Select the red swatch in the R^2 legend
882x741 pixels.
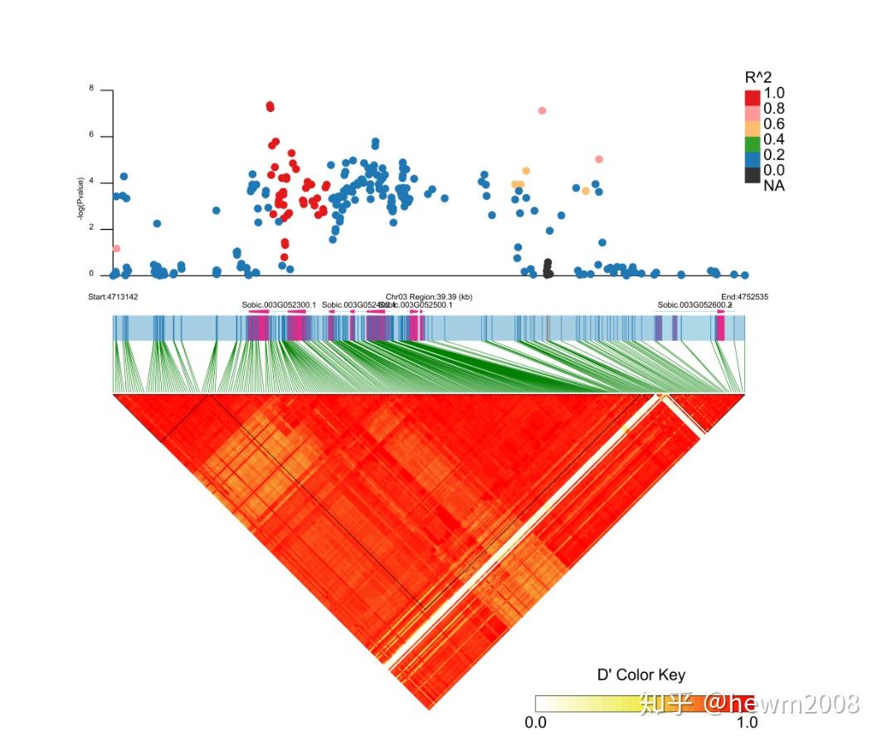point(753,97)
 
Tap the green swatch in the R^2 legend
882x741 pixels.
point(753,144)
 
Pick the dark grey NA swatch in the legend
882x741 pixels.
point(753,174)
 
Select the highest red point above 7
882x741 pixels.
point(270,106)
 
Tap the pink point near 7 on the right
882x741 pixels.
point(542,110)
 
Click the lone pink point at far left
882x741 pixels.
point(116,249)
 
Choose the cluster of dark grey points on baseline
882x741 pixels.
point(548,269)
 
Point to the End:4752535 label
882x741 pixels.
point(744,296)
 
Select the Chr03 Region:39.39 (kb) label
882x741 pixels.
point(429,296)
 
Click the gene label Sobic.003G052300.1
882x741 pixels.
point(279,305)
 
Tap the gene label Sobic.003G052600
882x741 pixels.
point(694,305)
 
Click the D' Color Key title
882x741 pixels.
point(641,675)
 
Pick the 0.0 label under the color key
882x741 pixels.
point(536,723)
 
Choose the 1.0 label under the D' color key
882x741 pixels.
point(747,723)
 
